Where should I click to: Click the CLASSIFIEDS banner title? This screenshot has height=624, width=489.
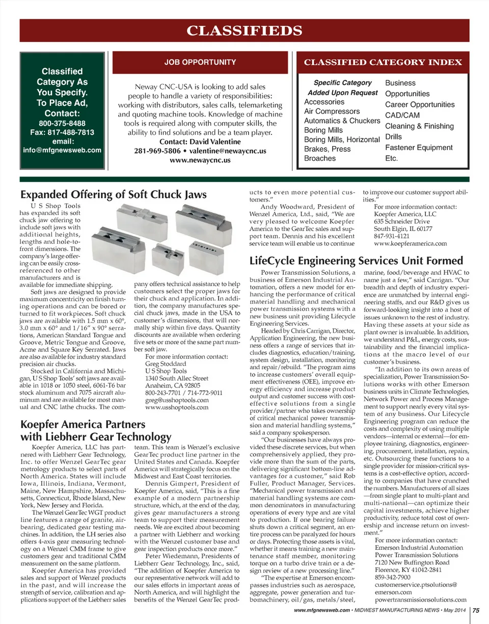(x=244, y=31)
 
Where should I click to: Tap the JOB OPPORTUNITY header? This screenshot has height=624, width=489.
(x=200, y=63)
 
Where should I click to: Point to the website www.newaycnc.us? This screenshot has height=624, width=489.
(x=200, y=159)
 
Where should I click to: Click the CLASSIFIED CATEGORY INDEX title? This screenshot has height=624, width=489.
(x=383, y=63)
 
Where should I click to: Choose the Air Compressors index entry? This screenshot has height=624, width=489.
(x=332, y=111)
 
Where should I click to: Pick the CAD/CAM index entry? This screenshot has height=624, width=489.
(x=402, y=115)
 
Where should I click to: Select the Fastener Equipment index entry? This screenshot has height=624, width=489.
(x=419, y=148)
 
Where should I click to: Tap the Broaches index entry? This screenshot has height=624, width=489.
(x=320, y=158)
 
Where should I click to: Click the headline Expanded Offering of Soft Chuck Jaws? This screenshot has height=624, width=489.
(x=113, y=194)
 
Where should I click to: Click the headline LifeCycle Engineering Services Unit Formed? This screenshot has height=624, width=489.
(x=356, y=261)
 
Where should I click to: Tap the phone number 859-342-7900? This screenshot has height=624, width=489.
(x=393, y=578)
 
